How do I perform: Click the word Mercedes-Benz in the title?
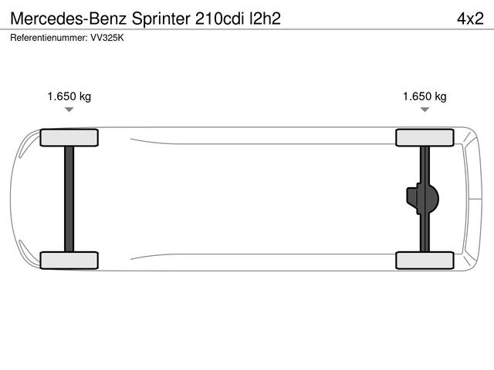(69, 18)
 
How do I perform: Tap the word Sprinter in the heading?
(161, 19)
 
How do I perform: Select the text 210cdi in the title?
(220, 18)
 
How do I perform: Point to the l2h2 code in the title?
(265, 18)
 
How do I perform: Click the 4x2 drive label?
(470, 18)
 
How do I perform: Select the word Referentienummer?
(49, 38)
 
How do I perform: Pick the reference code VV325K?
(107, 38)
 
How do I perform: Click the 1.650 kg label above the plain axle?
(69, 96)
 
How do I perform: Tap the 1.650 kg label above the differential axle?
(425, 96)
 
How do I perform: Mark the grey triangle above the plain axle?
(69, 109)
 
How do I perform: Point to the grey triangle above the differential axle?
(425, 109)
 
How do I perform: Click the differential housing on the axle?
(422, 199)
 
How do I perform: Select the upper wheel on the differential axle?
(425, 137)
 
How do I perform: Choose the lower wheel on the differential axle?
(425, 261)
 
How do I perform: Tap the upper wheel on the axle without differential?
(69, 137)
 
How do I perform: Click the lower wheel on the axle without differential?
(69, 261)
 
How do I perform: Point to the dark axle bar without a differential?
(69, 199)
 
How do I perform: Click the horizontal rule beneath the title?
(247, 29)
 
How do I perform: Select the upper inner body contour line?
(263, 141)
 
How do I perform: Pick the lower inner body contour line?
(263, 257)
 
